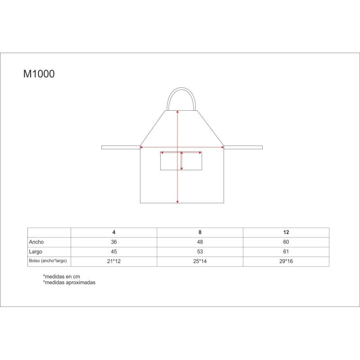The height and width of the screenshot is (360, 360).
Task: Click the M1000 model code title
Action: pos(39,74)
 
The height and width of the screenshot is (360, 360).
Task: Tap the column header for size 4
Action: pos(114,232)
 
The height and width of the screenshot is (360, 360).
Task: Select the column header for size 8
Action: pos(200,232)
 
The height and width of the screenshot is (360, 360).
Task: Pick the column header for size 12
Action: pos(286,232)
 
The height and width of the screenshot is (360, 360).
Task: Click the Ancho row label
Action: pos(36,242)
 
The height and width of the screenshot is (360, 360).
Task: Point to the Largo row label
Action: pos(36,252)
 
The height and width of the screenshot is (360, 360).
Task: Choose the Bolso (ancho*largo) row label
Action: pos(48,261)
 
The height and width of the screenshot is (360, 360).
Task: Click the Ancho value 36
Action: pos(114,242)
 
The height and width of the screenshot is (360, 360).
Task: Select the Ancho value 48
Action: pos(200,242)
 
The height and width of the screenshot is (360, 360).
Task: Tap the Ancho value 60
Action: pos(286,242)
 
